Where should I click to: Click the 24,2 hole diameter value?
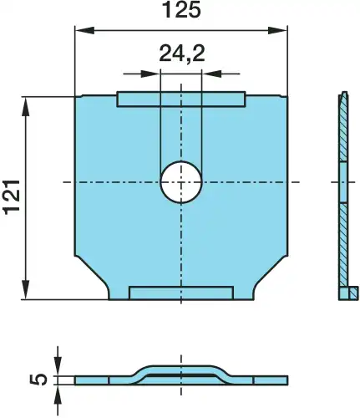[x=181, y=55]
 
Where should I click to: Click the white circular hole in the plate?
[x=181, y=181]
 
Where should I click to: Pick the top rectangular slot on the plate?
[x=181, y=99]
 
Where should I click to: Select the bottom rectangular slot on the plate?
[x=181, y=292]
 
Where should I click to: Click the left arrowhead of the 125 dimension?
[x=82, y=30]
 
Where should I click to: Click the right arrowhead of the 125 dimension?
[x=281, y=30]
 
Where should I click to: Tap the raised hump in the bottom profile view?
[x=181, y=370]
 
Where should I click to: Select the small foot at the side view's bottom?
[x=349, y=293]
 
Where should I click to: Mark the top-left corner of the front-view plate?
[x=77, y=98]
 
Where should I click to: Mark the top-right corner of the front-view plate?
[x=286, y=98]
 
